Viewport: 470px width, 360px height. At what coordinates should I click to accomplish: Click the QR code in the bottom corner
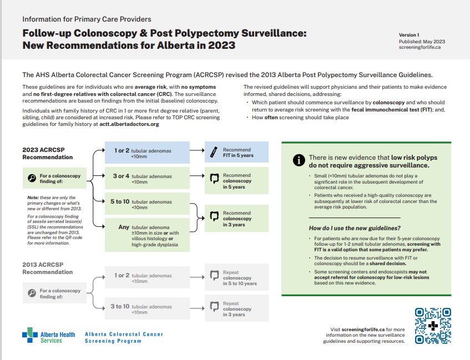pos(433,327)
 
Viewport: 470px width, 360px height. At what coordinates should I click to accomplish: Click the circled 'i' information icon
pos(299,160)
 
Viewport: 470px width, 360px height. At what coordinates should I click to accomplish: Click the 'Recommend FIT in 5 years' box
pos(236,153)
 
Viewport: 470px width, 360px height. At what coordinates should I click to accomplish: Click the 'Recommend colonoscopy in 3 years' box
pos(236,219)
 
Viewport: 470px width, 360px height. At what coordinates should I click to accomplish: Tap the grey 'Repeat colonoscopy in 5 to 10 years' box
pos(236,278)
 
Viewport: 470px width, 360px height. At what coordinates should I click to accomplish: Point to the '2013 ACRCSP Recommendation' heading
pos(48,268)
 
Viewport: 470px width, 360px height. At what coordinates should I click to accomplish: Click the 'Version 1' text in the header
pos(409,35)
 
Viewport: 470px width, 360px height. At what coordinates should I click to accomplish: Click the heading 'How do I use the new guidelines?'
pos(355,228)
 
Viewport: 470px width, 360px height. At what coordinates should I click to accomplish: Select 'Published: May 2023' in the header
pos(422,42)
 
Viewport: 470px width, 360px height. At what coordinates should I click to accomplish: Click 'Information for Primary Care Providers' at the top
pos(87,19)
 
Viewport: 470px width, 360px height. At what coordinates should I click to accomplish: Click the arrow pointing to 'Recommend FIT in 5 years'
pos(197,150)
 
